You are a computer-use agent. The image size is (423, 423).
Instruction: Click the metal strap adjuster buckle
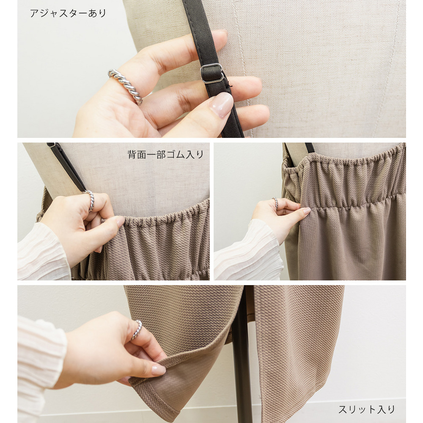pos(212,73)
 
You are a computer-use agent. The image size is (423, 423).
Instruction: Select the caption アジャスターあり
pos(68,13)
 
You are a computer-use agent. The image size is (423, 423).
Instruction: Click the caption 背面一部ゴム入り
pos(165,154)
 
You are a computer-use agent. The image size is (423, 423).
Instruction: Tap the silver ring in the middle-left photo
pos(91,201)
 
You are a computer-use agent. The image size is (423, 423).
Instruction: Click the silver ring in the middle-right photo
pos(275,203)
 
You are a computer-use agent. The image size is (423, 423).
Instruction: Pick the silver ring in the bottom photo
pos(137,330)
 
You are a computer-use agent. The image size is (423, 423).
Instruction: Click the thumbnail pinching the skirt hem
pos(158,370)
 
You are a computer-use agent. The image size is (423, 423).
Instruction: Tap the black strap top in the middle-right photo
pos(310,148)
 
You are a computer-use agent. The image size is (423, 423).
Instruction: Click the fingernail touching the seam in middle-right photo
pos(307,211)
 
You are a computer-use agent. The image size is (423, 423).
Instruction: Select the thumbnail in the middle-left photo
pos(120,222)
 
